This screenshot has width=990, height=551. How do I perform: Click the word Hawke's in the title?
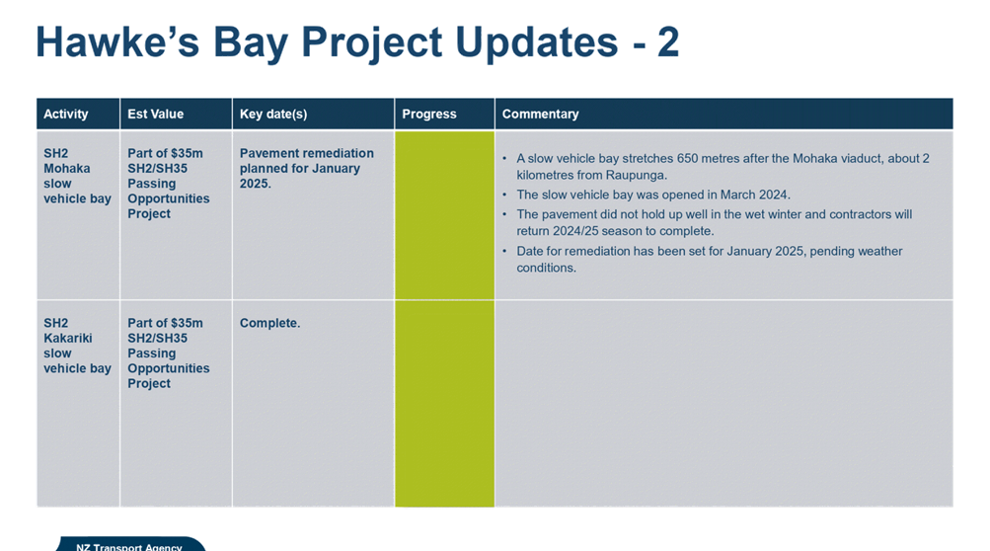[117, 42]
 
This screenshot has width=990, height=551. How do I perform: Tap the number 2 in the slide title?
[668, 42]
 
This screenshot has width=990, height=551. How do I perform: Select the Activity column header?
[66, 115]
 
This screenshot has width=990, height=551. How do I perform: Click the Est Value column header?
[155, 114]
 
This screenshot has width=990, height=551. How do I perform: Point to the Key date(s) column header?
[273, 115]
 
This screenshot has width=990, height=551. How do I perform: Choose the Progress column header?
[429, 115]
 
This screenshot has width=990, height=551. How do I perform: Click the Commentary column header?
[541, 115]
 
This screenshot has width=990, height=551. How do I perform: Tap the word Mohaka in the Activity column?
[67, 169]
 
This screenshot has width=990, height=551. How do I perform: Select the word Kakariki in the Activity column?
[67, 338]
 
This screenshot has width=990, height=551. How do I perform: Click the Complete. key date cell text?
[269, 323]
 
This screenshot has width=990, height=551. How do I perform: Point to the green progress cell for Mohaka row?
[444, 215]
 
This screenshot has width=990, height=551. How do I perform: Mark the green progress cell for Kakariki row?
[444, 404]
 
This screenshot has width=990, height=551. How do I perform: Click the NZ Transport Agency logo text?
[129, 547]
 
